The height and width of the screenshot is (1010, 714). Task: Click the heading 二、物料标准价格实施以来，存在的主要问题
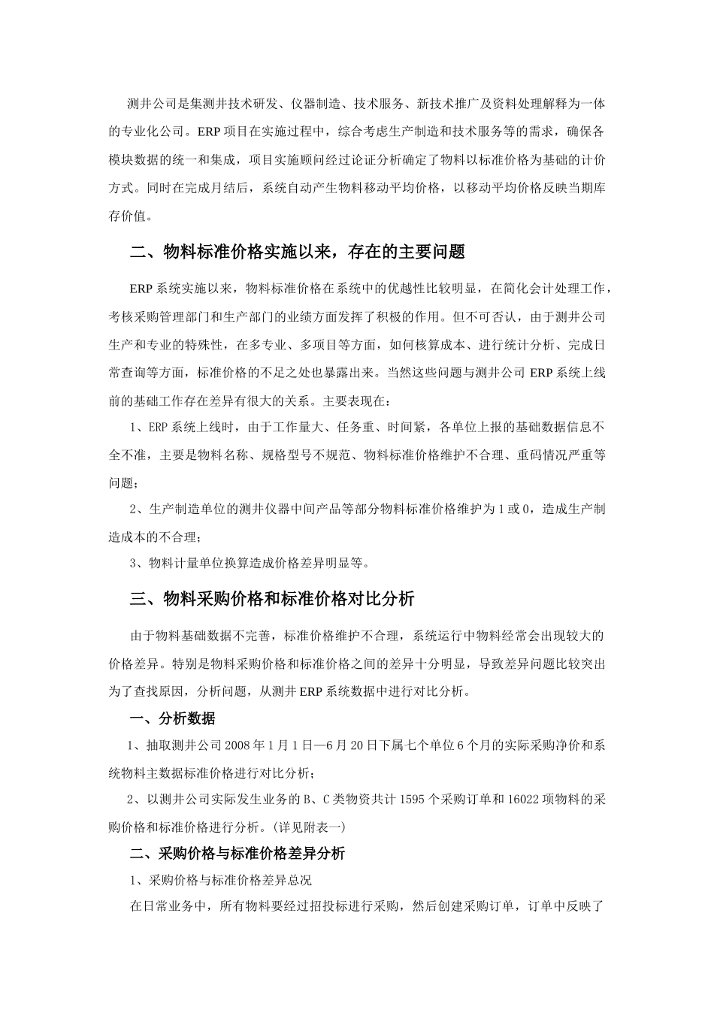298,252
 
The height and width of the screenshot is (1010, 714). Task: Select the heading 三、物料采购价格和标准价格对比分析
272,599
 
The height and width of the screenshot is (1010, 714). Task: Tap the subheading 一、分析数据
172,719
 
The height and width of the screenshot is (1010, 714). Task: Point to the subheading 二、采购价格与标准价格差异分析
237,854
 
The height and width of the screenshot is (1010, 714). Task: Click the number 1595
414,800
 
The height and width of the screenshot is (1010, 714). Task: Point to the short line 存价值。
130,216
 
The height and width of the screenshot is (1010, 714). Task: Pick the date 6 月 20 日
346,746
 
